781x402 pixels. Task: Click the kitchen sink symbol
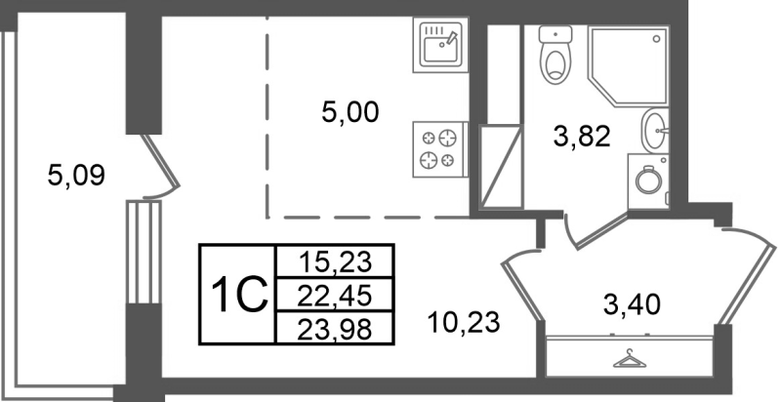point(440,45)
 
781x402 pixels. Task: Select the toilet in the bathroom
point(556,55)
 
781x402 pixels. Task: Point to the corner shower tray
point(630,63)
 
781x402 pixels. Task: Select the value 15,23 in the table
point(334,261)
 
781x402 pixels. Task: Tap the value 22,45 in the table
point(334,294)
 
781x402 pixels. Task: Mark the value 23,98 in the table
point(334,327)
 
